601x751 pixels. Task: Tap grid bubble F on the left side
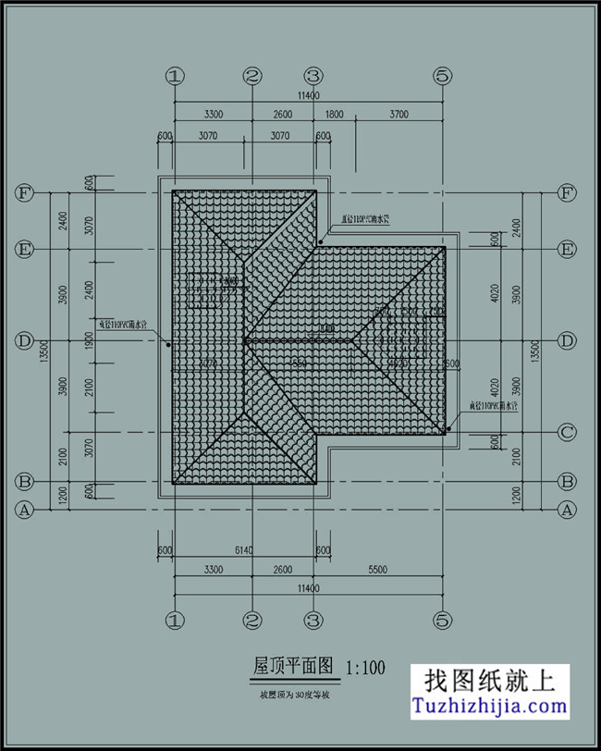(24, 193)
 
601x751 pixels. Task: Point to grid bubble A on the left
(24, 509)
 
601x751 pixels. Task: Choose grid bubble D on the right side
(568, 341)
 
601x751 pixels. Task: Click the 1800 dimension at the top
(334, 115)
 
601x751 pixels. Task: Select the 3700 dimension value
(399, 115)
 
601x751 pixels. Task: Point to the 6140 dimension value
(245, 550)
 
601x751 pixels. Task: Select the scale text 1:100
(365, 667)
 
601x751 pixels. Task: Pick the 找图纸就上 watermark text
(489, 682)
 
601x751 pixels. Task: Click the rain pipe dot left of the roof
(167, 345)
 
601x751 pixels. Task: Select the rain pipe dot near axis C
(449, 429)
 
